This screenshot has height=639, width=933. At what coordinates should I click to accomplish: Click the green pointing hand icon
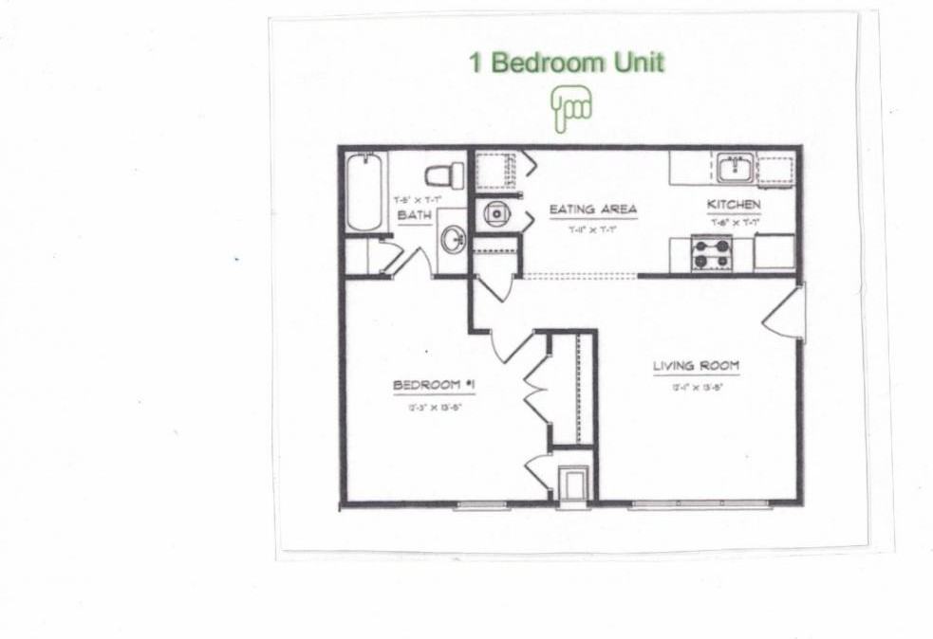[571, 108]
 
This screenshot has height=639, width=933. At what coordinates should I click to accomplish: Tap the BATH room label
[414, 216]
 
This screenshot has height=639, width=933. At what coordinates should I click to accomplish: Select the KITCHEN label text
[733, 205]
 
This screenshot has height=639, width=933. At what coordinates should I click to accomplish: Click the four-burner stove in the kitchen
[711, 253]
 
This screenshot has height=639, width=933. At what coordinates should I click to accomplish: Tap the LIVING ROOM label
[696, 366]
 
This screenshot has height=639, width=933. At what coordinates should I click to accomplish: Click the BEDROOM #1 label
[433, 385]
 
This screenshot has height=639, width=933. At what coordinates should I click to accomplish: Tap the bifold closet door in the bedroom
[535, 389]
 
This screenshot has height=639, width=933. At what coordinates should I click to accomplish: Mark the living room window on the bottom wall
[700, 504]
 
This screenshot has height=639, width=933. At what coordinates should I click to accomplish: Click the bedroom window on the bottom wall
[482, 505]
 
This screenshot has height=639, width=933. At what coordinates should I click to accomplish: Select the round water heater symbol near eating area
[496, 213]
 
